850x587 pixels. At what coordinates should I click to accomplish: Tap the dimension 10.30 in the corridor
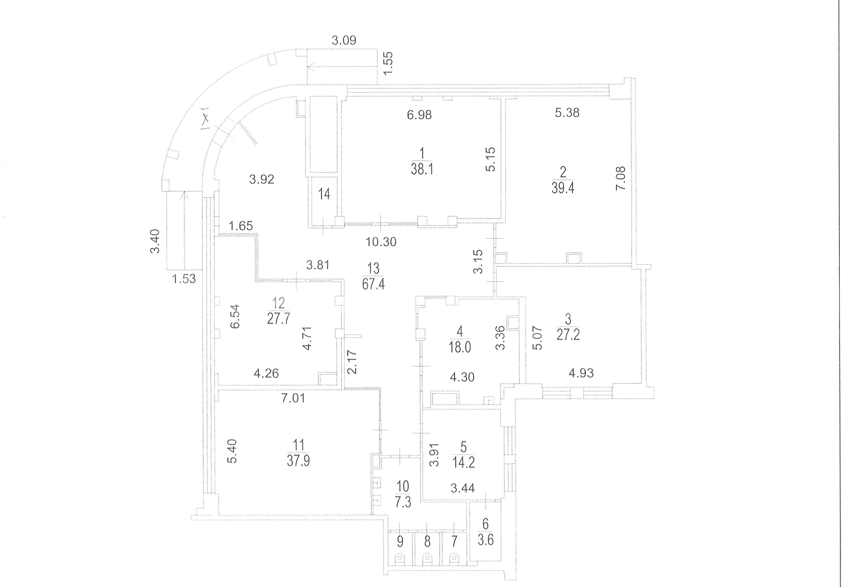coord(381,242)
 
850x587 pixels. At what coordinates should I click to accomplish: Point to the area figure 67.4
coord(373,284)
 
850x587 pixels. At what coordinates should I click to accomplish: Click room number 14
coord(324,194)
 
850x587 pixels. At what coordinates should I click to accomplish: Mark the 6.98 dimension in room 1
coord(419,115)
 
